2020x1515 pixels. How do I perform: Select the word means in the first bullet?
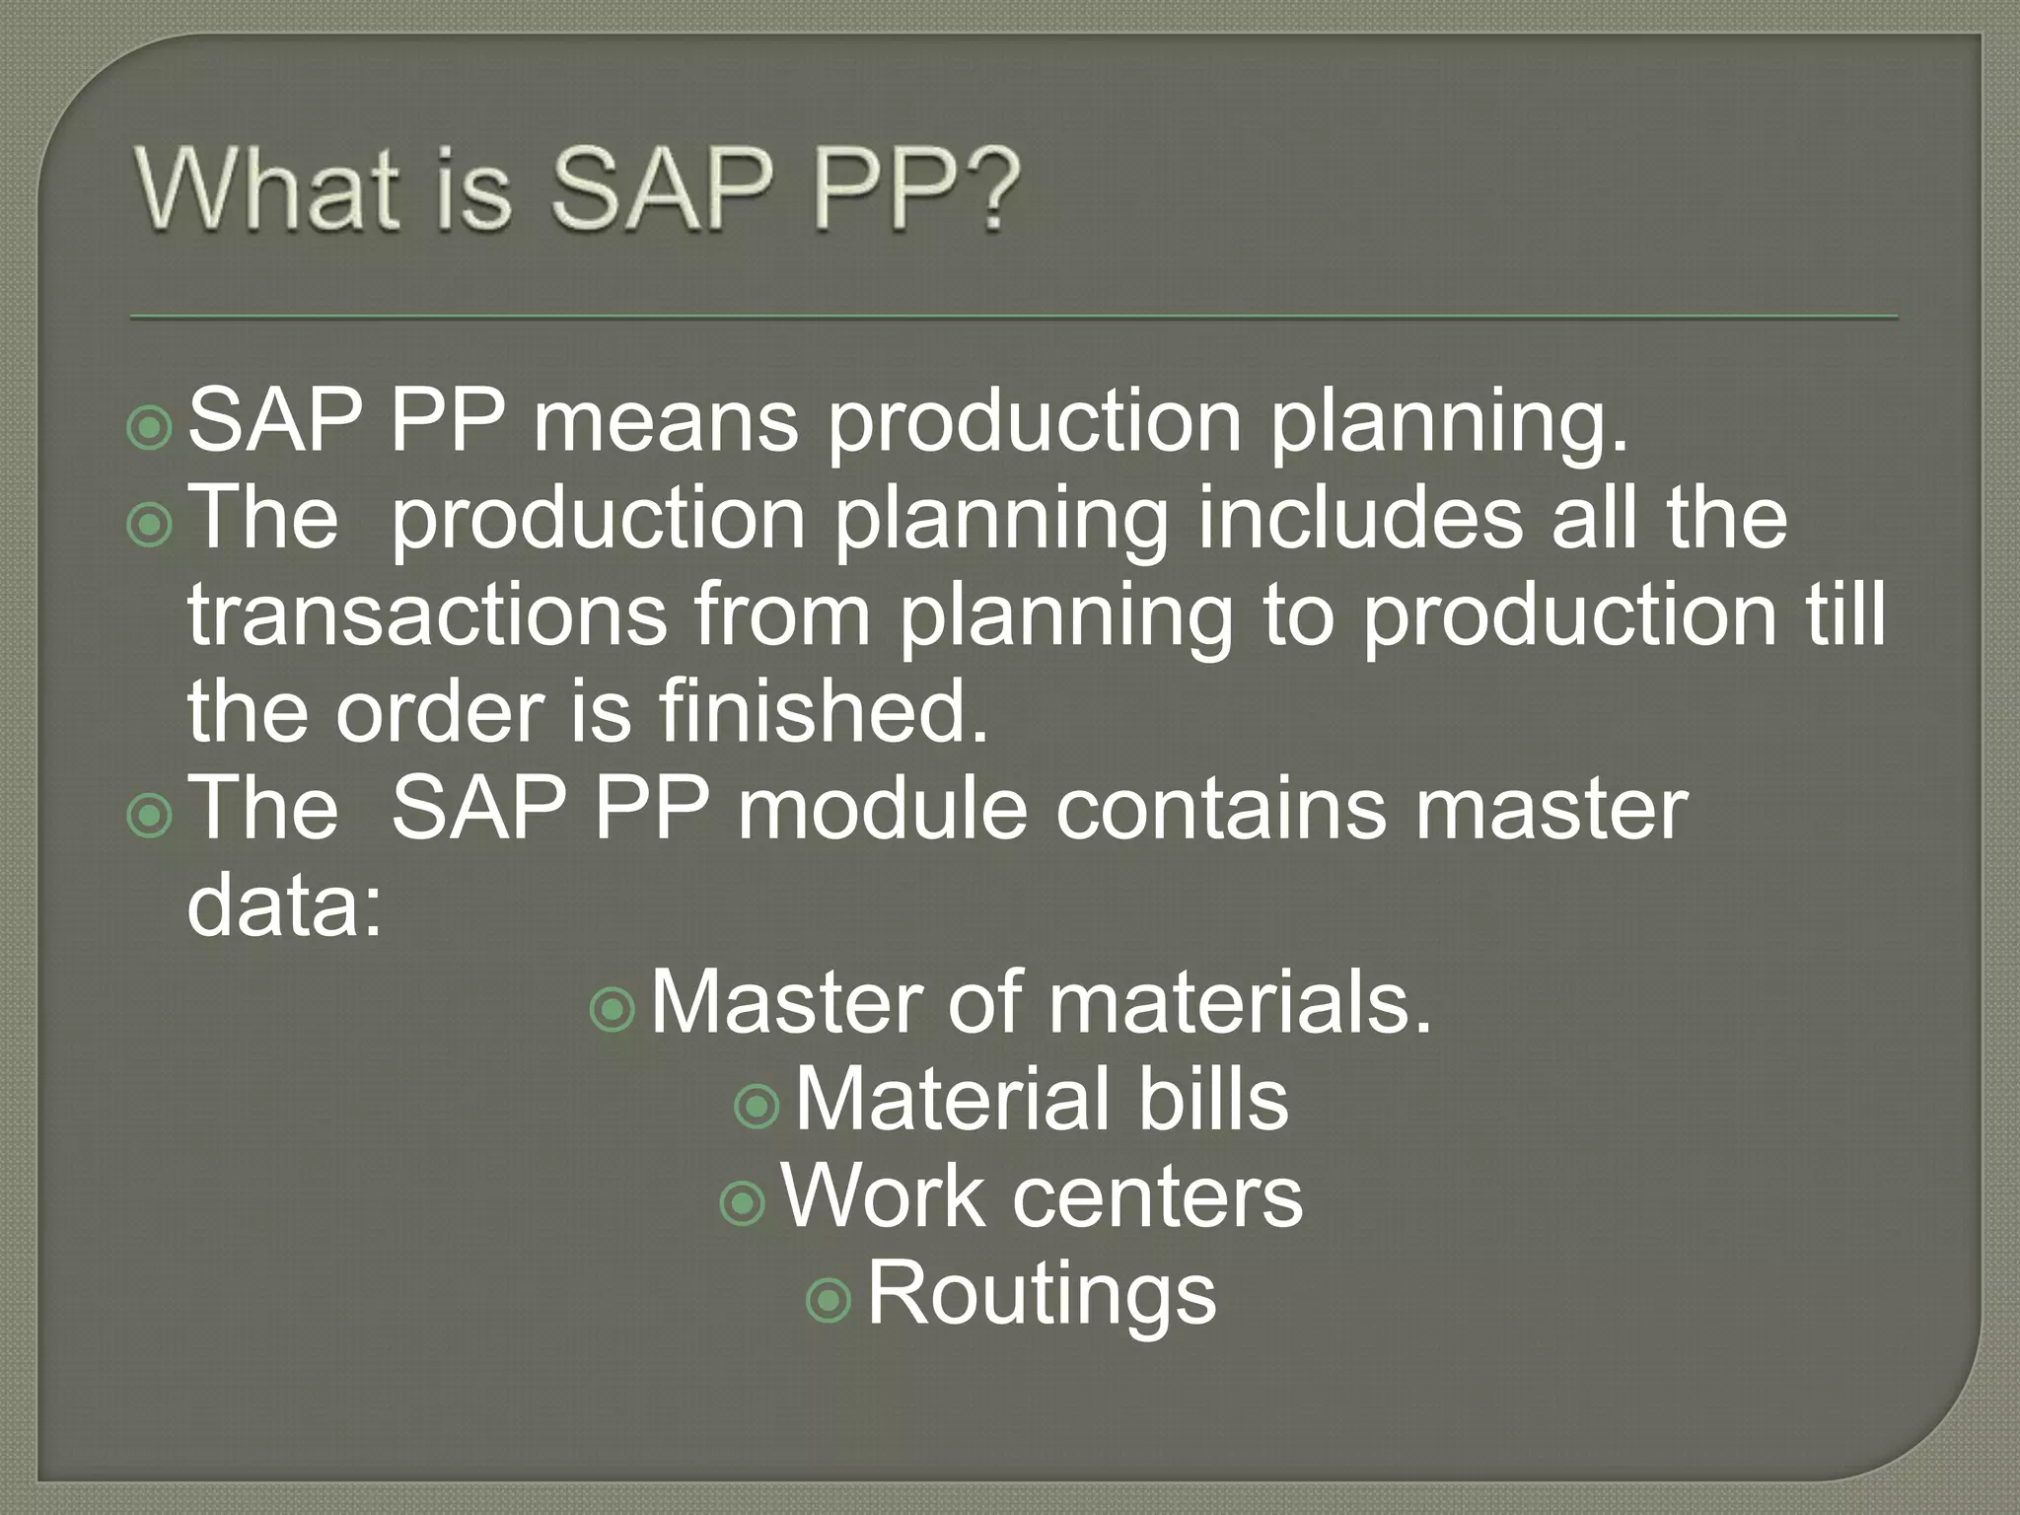pos(665,422)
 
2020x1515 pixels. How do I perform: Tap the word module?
pos(882,809)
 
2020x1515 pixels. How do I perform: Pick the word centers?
pos(1158,1196)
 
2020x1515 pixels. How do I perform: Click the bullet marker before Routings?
pos(829,1300)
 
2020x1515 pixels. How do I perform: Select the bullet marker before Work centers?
pos(743,1203)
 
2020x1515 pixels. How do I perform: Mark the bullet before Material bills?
pos(757,1107)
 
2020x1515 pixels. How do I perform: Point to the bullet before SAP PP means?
pos(150,428)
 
